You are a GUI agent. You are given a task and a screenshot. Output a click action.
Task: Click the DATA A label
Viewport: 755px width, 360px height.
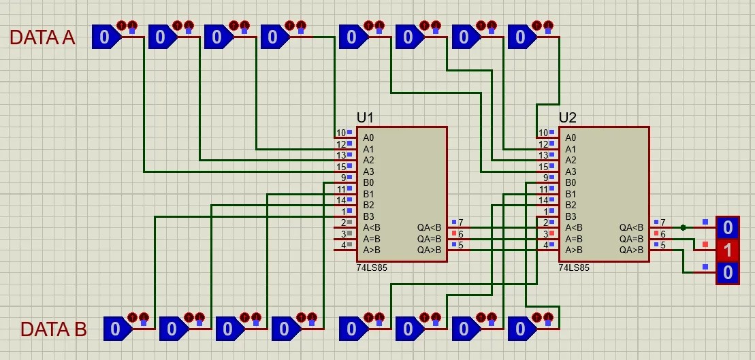42,37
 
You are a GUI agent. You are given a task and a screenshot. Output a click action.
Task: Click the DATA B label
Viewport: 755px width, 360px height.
54,329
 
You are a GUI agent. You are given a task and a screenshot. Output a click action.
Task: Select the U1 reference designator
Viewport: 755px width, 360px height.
365,118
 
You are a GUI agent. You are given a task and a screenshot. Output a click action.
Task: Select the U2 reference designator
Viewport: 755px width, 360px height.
568,118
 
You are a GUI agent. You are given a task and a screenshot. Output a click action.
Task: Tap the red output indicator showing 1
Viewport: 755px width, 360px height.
728,250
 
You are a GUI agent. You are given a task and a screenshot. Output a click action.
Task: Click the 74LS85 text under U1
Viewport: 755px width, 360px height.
372,267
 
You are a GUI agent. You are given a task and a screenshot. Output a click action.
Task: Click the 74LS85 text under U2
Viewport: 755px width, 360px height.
574,267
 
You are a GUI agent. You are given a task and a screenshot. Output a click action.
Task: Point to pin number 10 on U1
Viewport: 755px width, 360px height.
341,133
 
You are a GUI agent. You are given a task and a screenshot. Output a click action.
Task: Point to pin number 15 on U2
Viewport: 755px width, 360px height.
543,167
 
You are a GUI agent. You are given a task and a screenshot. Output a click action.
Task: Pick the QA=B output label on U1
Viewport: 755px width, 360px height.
430,239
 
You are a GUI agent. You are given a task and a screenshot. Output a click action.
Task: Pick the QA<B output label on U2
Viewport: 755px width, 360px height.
632,227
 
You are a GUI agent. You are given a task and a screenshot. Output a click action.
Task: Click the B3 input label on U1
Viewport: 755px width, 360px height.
368,216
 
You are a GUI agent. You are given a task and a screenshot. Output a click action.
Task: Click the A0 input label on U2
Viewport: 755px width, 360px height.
571,137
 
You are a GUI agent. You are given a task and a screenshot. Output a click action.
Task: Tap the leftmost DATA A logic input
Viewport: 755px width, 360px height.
106,37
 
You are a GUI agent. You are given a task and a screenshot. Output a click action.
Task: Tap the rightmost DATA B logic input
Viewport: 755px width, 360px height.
522,329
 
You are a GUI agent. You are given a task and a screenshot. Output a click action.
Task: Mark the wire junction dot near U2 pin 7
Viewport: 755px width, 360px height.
684,227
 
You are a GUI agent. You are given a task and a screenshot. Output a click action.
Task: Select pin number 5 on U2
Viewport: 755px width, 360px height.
663,246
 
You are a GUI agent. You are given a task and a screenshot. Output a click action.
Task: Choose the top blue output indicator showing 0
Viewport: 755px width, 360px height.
728,227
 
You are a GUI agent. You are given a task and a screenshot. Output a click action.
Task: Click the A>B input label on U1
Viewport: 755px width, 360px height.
372,250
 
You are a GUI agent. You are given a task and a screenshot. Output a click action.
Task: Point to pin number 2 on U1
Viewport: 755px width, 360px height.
343,223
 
